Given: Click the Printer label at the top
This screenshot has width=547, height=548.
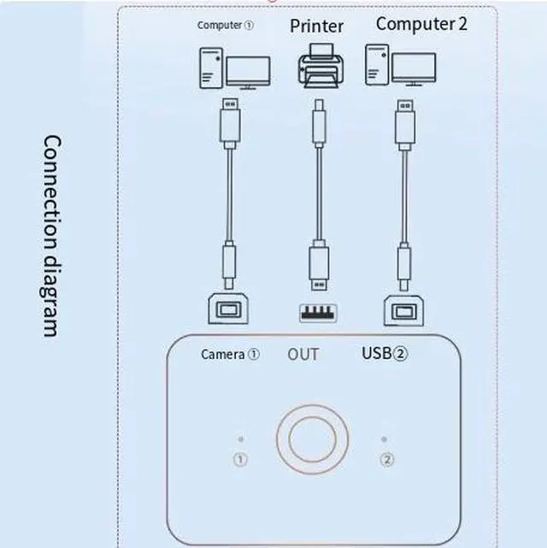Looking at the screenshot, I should click(316, 27).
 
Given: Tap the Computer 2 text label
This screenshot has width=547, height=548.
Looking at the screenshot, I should click(421, 24).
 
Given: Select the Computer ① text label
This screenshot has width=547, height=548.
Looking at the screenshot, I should click(225, 25).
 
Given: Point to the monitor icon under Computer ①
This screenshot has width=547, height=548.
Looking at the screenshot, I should click(248, 73).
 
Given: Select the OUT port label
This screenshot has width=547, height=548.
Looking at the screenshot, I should click(303, 354).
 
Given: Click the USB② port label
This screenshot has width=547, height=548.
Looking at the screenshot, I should click(385, 353).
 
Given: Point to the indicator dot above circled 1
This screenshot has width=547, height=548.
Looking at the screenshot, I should click(241, 439).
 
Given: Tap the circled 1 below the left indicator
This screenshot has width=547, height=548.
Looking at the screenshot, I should click(241, 460).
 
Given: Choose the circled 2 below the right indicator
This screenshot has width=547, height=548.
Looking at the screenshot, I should click(387, 460).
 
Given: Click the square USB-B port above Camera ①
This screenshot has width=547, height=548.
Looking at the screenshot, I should click(230, 309).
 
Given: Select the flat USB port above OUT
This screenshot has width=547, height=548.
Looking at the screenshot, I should click(317, 313).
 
